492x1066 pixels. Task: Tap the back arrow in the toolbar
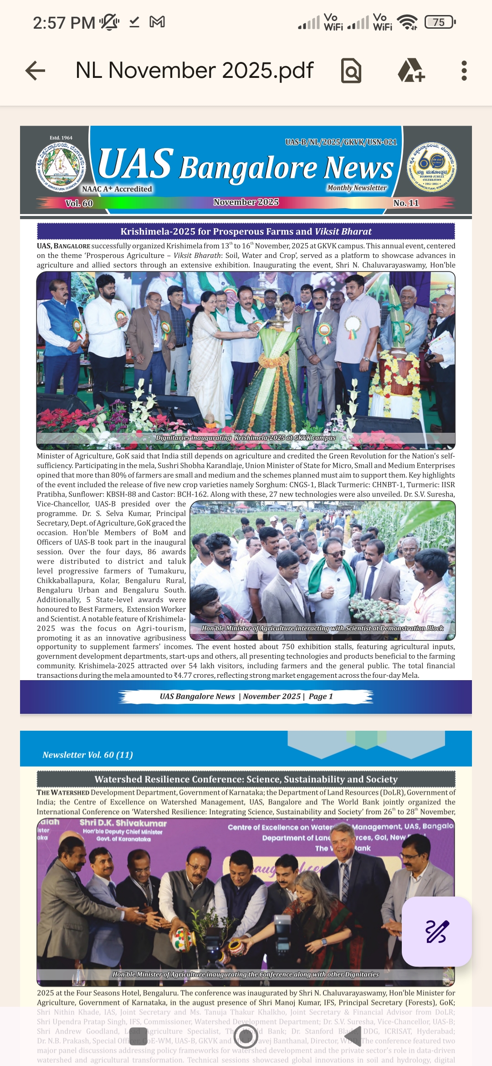[35, 71]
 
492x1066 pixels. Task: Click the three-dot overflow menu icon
[464, 71]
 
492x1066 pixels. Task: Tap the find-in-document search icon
[351, 71]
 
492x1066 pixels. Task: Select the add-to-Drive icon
[411, 71]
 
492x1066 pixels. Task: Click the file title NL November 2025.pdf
[195, 71]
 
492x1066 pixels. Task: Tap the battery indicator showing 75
[440, 22]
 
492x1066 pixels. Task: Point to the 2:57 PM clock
[64, 22]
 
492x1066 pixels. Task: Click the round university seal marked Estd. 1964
[61, 166]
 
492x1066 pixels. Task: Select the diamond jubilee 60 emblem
[431, 167]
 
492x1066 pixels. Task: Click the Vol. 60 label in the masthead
[79, 203]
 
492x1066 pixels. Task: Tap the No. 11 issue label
[406, 203]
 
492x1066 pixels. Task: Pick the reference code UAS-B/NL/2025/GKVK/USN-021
[341, 142]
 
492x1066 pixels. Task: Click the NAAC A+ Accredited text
[117, 189]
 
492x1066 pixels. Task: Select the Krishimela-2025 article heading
[246, 231]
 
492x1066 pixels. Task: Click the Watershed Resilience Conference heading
[246, 779]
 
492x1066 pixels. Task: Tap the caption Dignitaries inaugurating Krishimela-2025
[246, 438]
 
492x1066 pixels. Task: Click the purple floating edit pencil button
[436, 931]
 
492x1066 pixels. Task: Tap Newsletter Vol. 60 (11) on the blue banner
[88, 755]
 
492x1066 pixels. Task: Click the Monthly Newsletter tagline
[357, 188]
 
